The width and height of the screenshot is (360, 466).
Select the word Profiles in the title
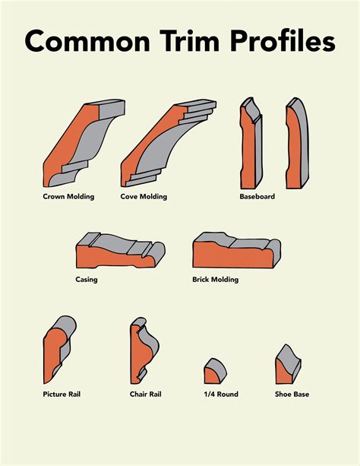point(285,42)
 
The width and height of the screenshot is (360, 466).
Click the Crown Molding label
point(69,197)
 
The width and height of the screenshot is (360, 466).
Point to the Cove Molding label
point(144,197)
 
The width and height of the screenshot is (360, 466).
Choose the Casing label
point(87,279)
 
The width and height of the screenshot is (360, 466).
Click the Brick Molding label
point(216,280)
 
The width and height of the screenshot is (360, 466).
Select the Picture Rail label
point(62,395)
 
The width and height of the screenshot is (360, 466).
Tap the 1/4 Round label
point(217,395)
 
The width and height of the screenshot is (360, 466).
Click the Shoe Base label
point(292,395)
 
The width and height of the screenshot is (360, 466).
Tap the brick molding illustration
point(236,251)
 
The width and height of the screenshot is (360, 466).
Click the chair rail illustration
point(142,350)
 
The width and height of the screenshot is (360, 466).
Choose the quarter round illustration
point(215,372)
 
